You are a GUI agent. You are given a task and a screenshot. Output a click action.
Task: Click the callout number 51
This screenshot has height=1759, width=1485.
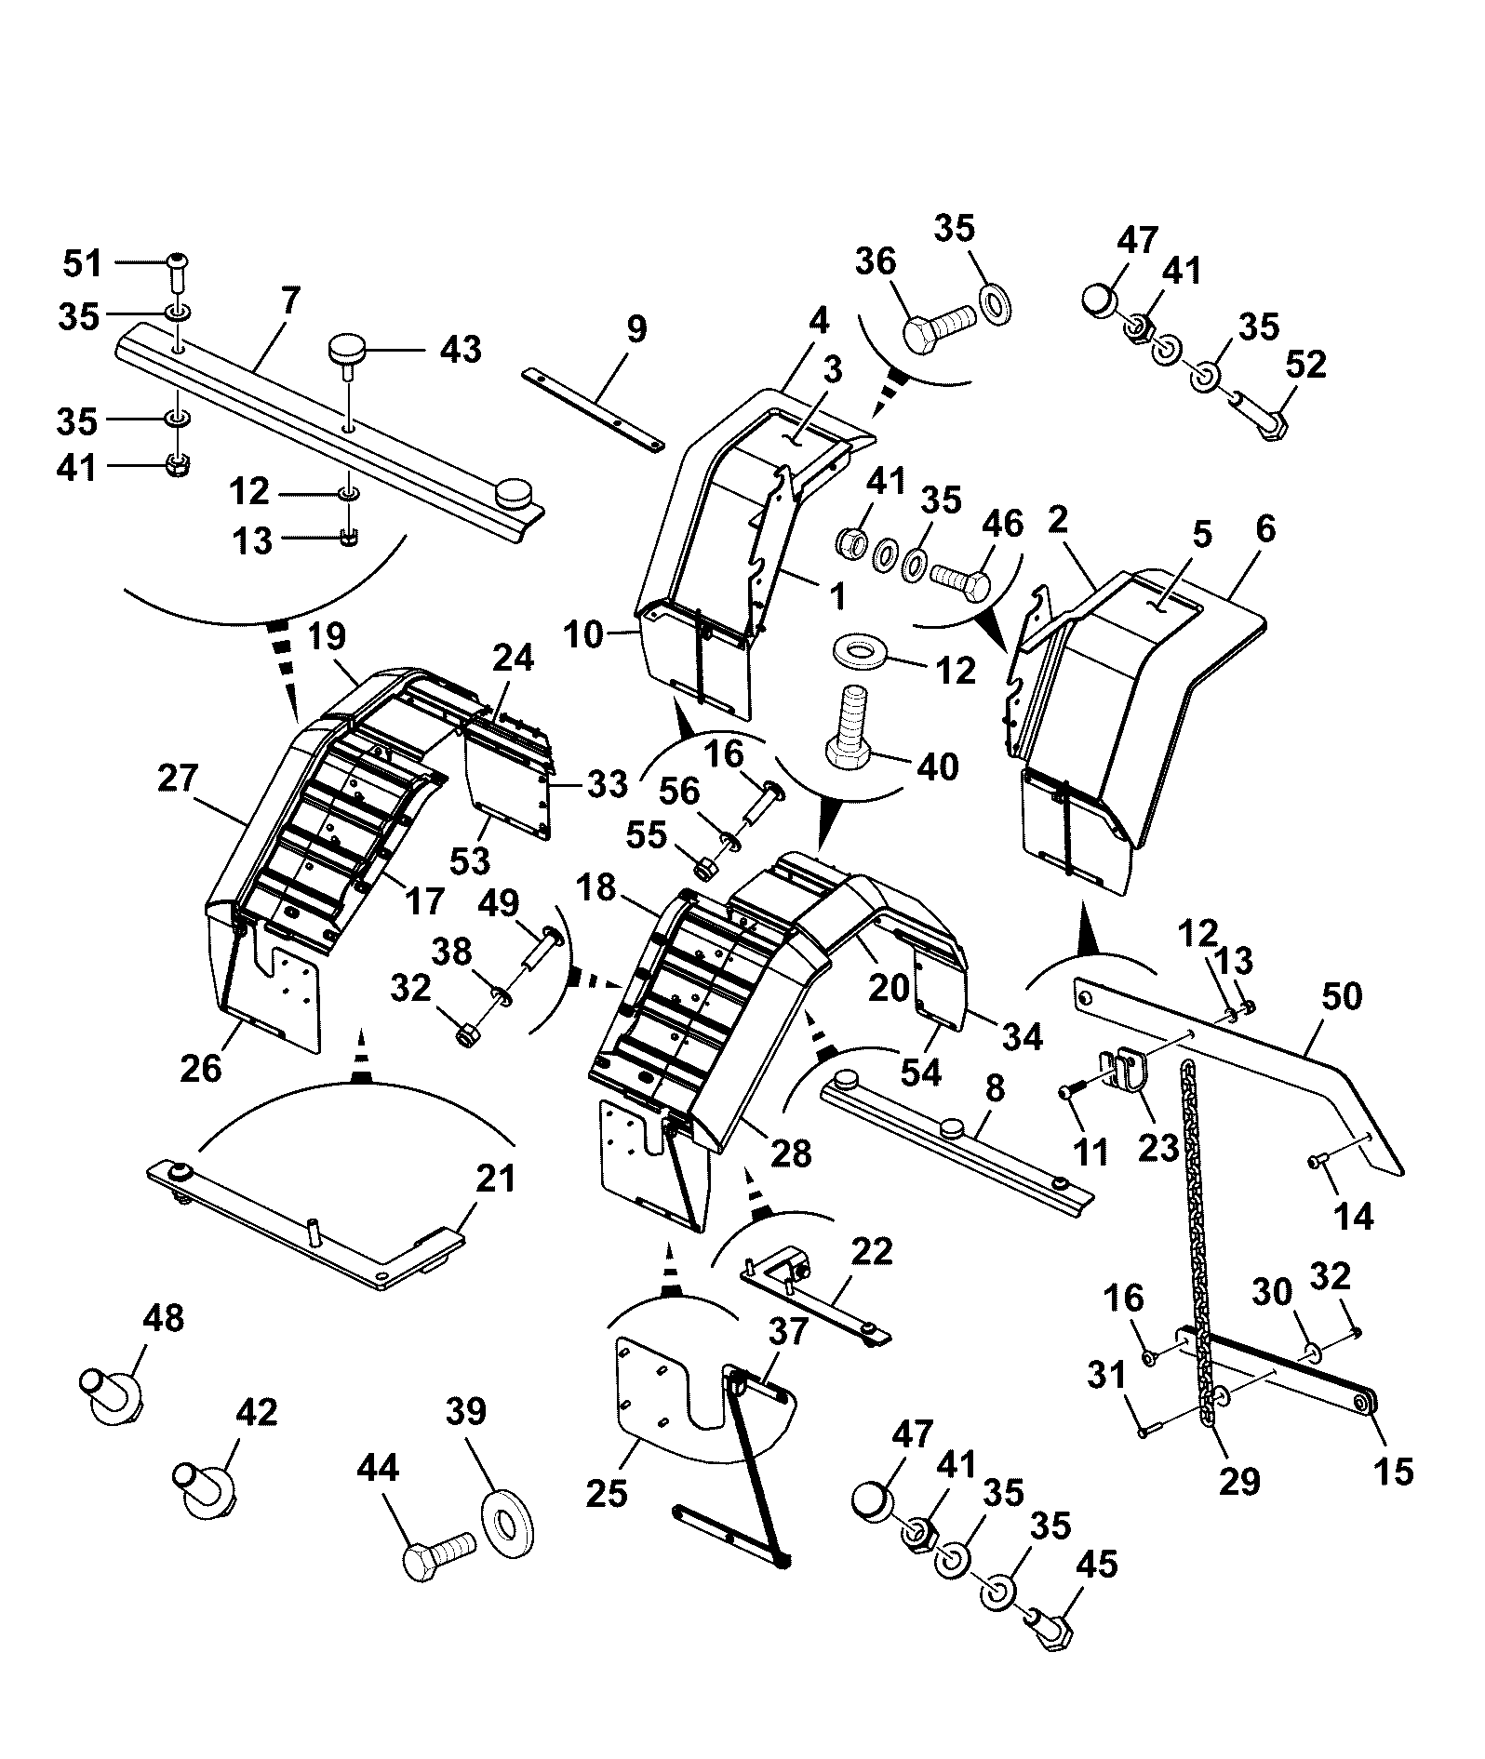tap(82, 264)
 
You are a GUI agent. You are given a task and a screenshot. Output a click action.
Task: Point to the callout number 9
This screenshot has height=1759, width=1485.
tap(636, 330)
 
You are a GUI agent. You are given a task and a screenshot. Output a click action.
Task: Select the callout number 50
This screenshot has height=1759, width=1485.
tap(1341, 996)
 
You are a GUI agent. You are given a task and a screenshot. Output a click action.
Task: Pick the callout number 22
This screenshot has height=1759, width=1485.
tap(871, 1251)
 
